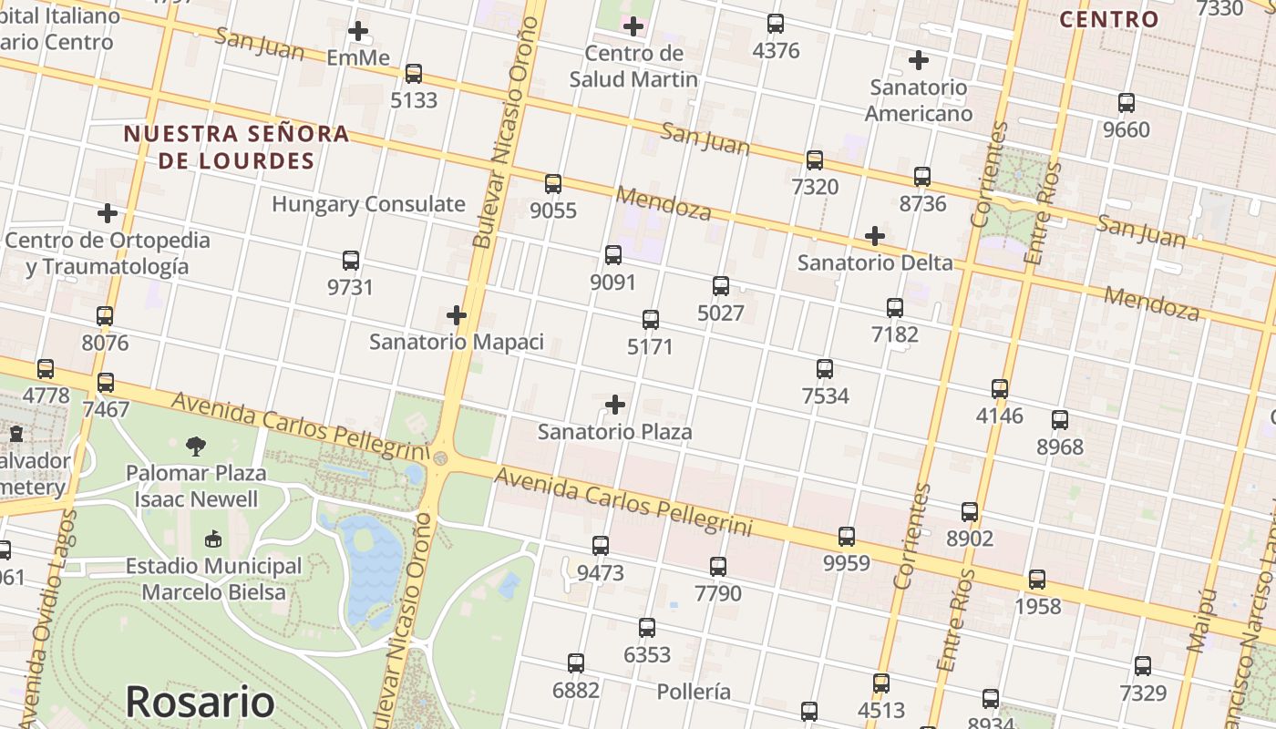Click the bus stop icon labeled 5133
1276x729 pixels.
pos(414,74)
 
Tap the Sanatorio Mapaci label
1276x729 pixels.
pos(456,343)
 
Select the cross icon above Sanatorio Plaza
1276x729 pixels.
pos(615,404)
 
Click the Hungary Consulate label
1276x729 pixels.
pos(368,204)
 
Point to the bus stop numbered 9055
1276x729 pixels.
pos(553,184)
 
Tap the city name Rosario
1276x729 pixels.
pos(200,702)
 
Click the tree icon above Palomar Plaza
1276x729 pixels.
pos(196,446)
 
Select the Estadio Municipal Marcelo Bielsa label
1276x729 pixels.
pos(213,579)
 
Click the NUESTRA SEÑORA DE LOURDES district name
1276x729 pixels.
pos(236,148)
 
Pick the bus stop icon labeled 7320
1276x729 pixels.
pos(815,160)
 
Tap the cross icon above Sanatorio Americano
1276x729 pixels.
pos(919,61)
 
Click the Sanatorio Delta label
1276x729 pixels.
pos(875,263)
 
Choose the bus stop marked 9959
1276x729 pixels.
pos(847,537)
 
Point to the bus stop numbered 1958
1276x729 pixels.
pos(1037,580)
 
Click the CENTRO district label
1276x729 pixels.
pos(1109,19)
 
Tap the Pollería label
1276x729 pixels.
pos(694,692)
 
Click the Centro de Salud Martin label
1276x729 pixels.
pos(633,66)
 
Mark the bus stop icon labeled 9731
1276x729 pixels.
pos(351,261)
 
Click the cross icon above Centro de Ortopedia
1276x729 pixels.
pos(108,213)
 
